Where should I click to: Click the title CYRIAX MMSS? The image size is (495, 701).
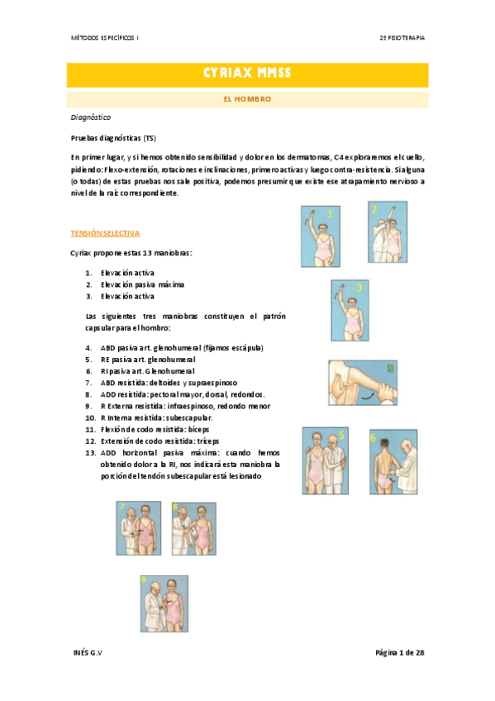pos(247,74)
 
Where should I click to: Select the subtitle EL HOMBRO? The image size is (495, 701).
pos(247,99)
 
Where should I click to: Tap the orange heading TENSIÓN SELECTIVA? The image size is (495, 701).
pos(105,234)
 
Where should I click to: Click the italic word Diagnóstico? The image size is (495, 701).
pos(91,117)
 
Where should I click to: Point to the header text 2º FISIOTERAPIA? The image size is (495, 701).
pos(402,38)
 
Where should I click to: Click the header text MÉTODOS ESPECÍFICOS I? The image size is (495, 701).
pos(104,38)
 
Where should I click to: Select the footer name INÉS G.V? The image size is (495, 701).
pos(88,653)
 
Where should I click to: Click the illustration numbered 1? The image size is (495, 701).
pos(319,236)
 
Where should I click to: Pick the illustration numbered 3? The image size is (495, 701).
pos(350,308)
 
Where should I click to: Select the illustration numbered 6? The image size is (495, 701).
pos(394,461)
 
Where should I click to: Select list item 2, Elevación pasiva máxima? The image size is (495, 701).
pos(138,284)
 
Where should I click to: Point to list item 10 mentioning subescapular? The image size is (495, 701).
pos(155,418)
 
